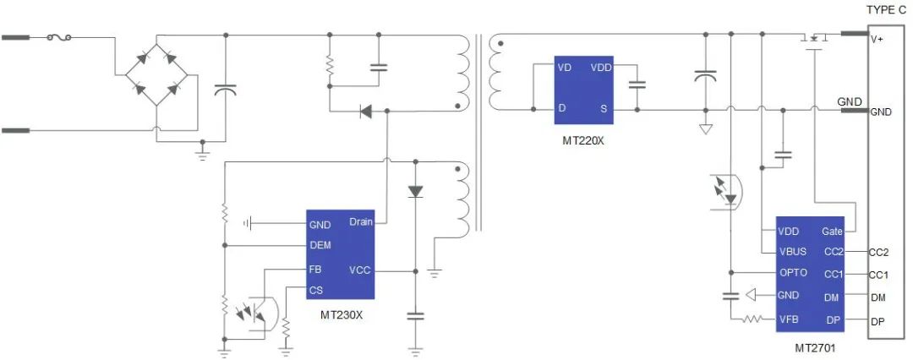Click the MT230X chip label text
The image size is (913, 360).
[x=342, y=315]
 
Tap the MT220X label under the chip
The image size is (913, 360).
[x=583, y=139]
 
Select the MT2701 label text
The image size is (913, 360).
[x=817, y=347]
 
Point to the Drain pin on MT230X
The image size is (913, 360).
[x=360, y=222]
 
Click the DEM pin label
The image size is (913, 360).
[x=320, y=245]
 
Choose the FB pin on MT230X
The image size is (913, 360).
[x=315, y=269]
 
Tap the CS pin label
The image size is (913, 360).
[x=315, y=291]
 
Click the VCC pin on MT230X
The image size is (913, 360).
[x=359, y=270]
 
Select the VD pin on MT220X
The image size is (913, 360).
[x=564, y=67]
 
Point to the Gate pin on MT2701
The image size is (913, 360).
[x=832, y=231]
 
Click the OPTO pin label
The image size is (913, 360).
[x=792, y=274]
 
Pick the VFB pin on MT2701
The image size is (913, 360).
[x=789, y=319]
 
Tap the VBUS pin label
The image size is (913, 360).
[x=792, y=252]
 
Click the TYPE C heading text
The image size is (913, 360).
[x=886, y=9]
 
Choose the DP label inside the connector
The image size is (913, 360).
[x=877, y=320]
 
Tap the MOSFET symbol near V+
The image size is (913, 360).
[x=813, y=39]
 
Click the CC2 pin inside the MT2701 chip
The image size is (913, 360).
[x=834, y=252]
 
